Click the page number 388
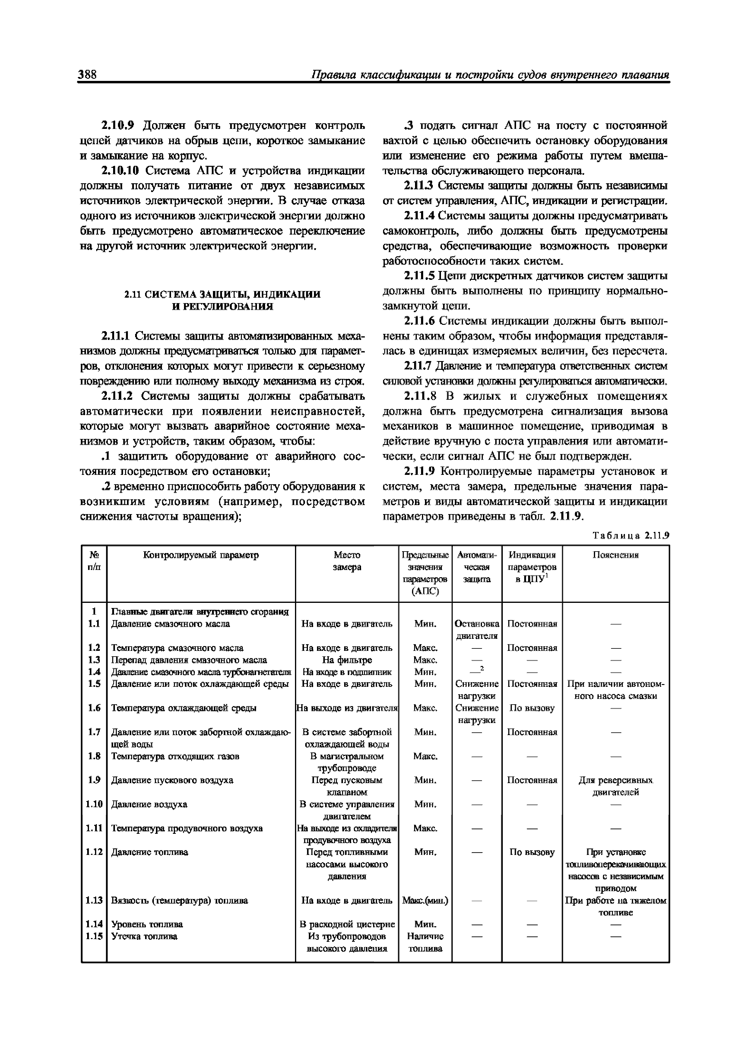[x=87, y=74]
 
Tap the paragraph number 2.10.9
[x=117, y=125]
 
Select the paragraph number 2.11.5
[x=419, y=276]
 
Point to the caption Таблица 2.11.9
[x=630, y=536]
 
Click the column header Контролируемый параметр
[x=201, y=555]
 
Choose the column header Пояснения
[x=615, y=555]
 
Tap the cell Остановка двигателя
[x=477, y=630]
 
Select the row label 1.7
[x=94, y=732]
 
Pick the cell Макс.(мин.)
[x=425, y=900]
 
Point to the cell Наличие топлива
[x=425, y=942]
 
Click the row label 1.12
[x=94, y=852]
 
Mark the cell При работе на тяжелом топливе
[x=615, y=906]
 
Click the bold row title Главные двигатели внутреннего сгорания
[x=200, y=612]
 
